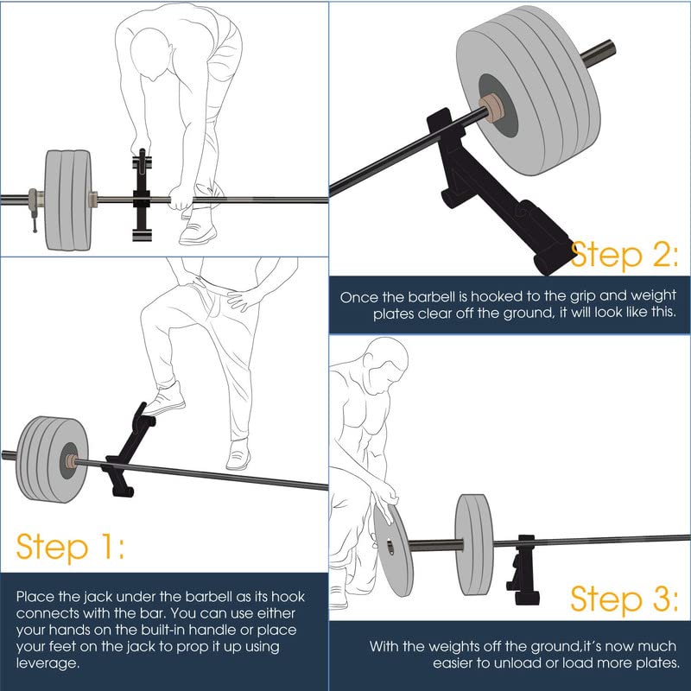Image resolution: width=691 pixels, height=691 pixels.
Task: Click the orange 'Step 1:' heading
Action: pos(70,548)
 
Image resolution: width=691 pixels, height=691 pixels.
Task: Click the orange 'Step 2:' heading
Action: pos(624,255)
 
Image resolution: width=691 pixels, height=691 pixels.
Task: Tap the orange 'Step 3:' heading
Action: pos(624,599)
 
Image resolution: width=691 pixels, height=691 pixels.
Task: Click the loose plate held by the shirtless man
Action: pos(393,550)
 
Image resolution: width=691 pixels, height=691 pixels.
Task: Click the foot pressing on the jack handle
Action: pos(165,399)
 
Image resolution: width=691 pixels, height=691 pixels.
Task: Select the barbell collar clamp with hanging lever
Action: pos(34,207)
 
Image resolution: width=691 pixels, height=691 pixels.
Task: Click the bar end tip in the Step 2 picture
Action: pos(612,47)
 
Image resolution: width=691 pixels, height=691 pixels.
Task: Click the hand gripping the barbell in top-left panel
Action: pos(181,200)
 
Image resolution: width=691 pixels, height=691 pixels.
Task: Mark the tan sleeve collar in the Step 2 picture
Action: pos(491,106)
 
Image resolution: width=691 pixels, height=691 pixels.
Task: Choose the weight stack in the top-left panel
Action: pos(68,200)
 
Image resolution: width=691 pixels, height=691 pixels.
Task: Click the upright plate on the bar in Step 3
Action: pos(474,545)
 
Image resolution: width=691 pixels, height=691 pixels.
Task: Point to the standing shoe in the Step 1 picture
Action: pos(238,455)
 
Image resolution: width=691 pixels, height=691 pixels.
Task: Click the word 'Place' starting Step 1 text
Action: pos(35,597)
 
